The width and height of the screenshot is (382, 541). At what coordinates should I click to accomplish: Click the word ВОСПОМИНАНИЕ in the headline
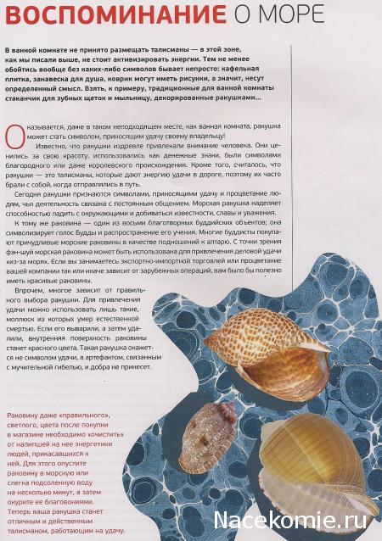click(108, 14)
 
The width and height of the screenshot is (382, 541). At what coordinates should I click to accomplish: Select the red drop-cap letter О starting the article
click(10, 134)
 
